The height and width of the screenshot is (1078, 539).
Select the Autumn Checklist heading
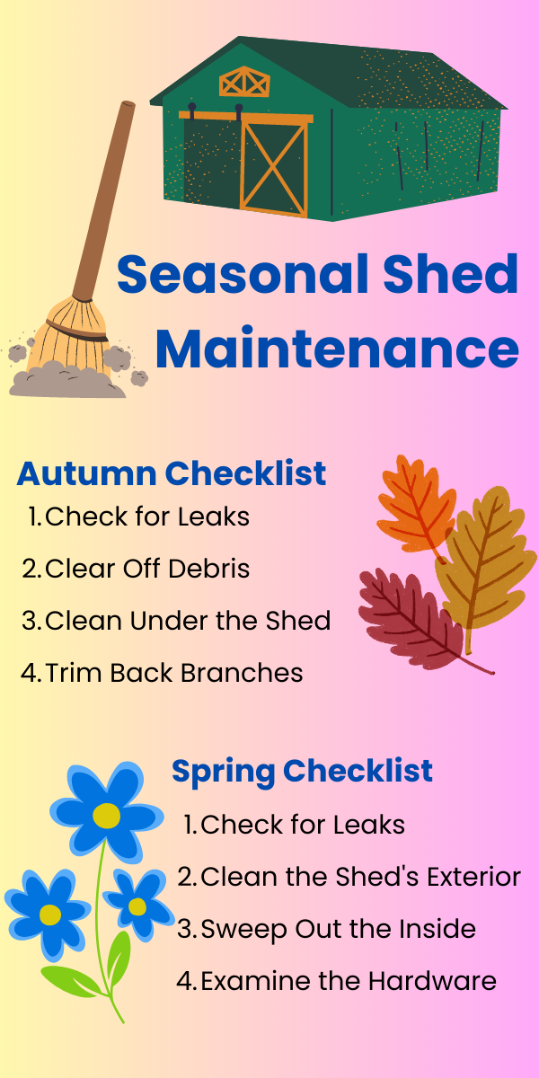click(171, 473)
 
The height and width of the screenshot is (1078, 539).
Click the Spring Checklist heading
click(302, 771)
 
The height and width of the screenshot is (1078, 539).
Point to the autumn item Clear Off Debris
click(136, 569)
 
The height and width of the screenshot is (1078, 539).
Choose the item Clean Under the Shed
click(176, 621)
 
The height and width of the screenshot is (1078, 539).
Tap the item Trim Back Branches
click(162, 673)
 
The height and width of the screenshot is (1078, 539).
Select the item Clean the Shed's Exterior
click(349, 877)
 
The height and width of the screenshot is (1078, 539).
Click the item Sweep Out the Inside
click(327, 929)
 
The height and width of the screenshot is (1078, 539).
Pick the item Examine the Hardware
click(336, 981)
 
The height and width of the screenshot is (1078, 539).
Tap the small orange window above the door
click(244, 82)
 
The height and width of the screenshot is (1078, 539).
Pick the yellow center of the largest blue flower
click(106, 816)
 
